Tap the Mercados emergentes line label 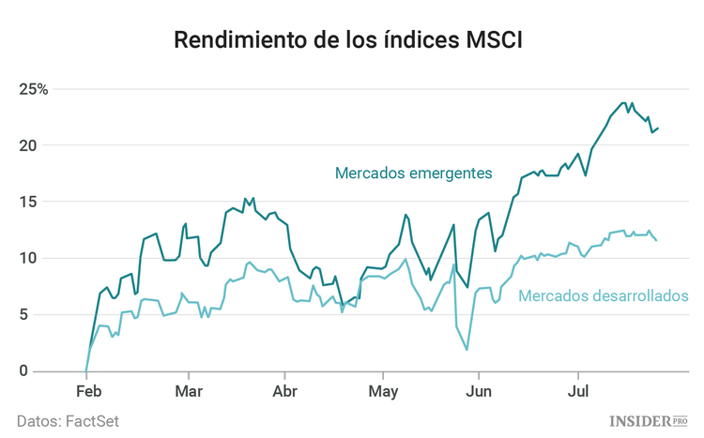click(x=413, y=173)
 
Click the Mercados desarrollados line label click(x=603, y=296)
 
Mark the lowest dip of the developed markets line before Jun click(x=467, y=350)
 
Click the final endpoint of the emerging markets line click(x=657, y=128)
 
